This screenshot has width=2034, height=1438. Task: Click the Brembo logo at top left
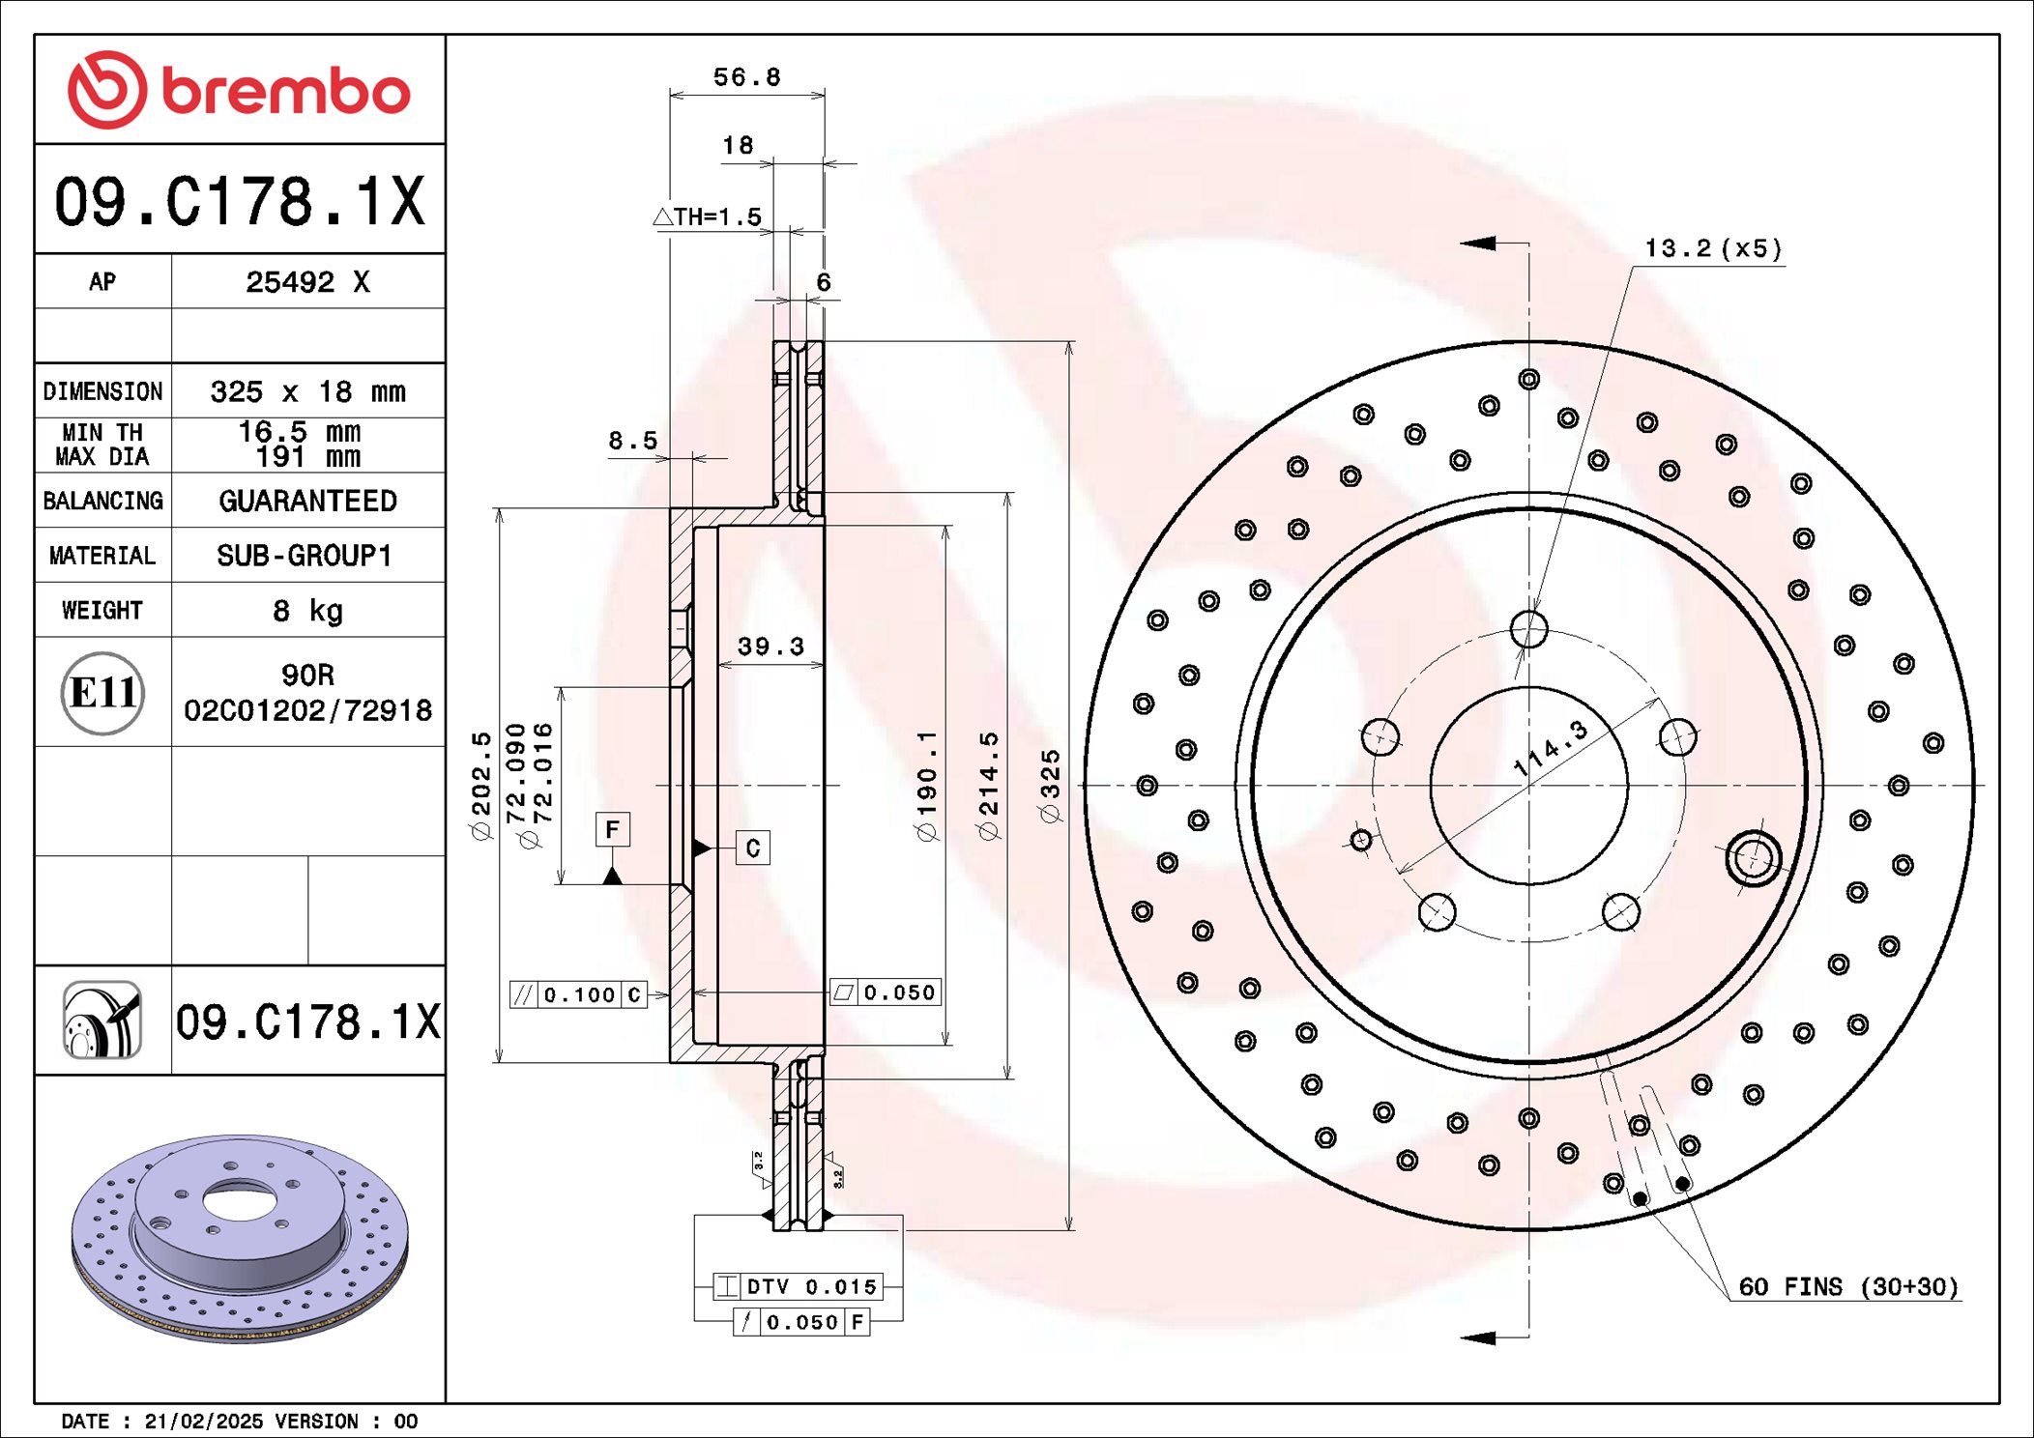point(239,90)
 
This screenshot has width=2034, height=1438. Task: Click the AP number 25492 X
point(307,282)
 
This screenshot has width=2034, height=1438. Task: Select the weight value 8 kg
point(307,611)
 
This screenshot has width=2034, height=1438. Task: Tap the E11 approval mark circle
point(102,693)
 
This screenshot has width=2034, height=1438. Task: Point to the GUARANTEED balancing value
point(307,501)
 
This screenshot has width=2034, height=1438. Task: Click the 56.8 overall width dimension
point(746,77)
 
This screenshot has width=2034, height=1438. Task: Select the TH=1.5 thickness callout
point(709,216)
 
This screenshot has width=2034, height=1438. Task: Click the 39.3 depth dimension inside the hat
point(770,647)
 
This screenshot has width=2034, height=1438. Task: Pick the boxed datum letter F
point(612,829)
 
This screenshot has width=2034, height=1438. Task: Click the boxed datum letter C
point(753,848)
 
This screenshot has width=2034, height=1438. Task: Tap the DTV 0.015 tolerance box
point(798,1286)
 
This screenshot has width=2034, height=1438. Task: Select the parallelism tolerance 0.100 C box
point(578,994)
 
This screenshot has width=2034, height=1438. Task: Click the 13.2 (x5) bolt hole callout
point(1712,248)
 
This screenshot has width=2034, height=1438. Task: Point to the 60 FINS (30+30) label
point(1847,1287)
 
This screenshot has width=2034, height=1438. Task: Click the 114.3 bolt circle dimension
point(1551,749)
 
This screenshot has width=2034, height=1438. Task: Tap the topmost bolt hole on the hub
point(1528,629)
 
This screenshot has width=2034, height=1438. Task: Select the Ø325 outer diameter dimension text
point(1050,786)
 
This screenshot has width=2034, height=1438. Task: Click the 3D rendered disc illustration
point(239,1237)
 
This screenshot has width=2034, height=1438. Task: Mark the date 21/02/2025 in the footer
point(203,1422)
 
